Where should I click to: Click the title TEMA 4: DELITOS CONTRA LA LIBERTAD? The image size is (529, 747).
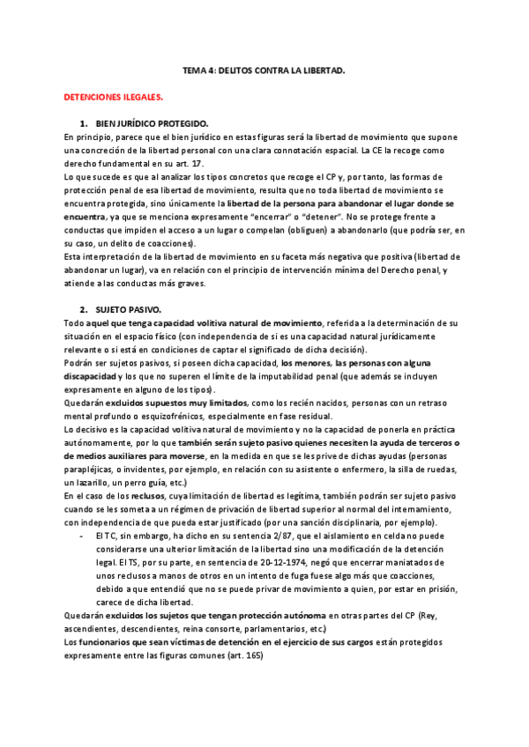(x=264, y=69)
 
